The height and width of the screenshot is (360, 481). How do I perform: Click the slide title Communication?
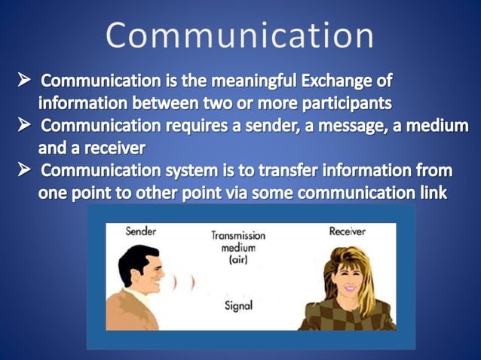(x=239, y=36)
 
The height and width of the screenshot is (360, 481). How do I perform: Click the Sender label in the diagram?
(x=140, y=232)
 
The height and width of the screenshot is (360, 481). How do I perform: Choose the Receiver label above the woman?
(x=348, y=232)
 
